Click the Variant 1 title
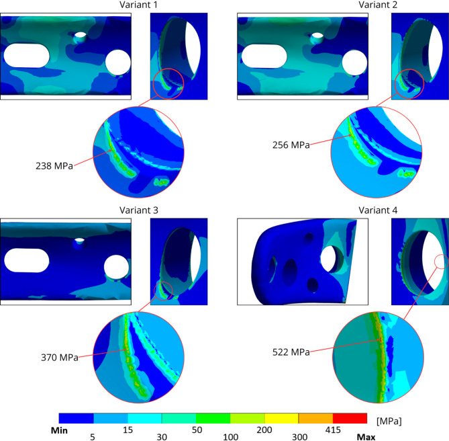(x=139, y=5)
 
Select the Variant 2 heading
(x=378, y=5)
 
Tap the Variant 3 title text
(x=139, y=210)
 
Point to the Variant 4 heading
(x=378, y=210)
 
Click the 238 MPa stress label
(x=54, y=166)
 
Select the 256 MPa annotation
(x=291, y=145)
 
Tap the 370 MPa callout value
(x=60, y=357)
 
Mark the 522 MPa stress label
(x=291, y=352)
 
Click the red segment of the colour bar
(x=350, y=418)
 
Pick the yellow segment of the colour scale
(x=281, y=418)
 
